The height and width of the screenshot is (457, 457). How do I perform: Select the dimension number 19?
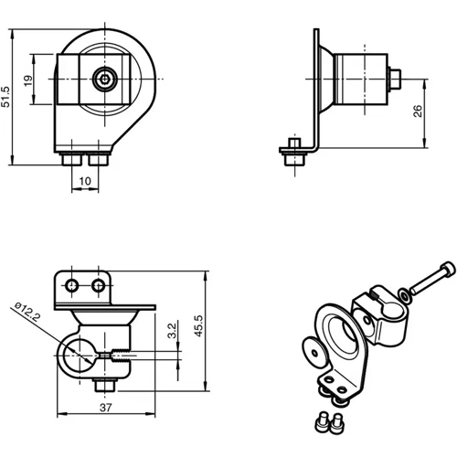coord(28,80)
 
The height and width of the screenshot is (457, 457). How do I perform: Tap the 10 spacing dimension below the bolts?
coord(83,181)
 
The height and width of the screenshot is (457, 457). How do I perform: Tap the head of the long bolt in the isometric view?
coord(445,269)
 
